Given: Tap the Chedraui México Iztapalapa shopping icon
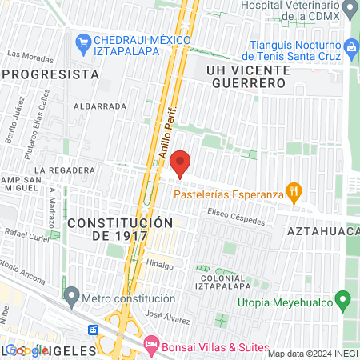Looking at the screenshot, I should coord(82,41).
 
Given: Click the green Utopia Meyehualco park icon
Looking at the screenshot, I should coord(343,302).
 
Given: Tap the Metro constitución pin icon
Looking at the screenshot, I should coord(72,298).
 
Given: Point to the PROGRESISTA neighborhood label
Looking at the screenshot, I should coord(52,74).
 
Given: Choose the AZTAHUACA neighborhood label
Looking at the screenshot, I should coord(322,230).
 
